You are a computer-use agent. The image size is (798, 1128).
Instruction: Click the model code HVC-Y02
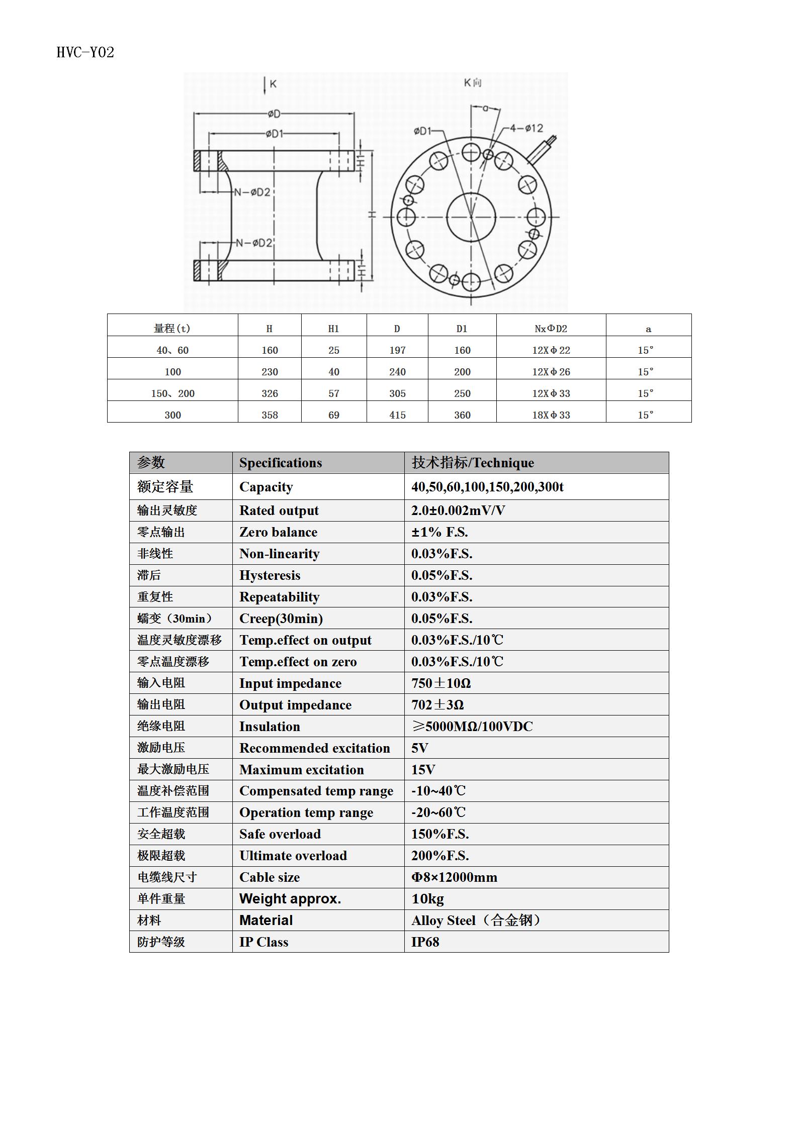pos(85,52)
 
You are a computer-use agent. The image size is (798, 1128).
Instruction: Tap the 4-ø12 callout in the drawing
pos(526,128)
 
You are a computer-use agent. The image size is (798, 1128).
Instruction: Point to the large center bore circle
pos(471,217)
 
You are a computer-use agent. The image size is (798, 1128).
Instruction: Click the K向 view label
pos(473,82)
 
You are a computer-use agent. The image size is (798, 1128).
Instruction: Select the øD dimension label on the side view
pos(274,114)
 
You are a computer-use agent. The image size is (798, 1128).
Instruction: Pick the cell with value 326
pos(270,393)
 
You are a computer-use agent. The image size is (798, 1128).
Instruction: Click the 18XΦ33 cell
pos(551,415)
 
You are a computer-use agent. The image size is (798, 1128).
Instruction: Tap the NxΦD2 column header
pos(551,329)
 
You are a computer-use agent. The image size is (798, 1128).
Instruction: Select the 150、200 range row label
pos(172,393)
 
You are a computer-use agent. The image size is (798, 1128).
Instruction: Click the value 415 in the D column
pos(397,415)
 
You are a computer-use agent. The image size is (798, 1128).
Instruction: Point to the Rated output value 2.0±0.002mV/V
pos(458,510)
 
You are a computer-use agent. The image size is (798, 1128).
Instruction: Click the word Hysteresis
pos(270,575)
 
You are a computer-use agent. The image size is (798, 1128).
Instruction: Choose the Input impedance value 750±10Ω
pos(441,683)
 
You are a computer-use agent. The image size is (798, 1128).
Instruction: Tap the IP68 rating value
pos(425,942)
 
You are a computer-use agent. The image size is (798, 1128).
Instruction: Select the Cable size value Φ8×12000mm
pos(454,877)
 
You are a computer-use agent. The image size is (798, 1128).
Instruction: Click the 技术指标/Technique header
pos(473,463)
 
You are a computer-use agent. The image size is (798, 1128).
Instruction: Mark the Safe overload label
pos(280,834)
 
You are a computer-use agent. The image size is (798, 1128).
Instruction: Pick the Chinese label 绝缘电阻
pos(161,726)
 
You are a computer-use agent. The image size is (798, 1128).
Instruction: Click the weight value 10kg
pos(427,899)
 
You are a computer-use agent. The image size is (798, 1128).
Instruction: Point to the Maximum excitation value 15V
pos(423,770)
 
